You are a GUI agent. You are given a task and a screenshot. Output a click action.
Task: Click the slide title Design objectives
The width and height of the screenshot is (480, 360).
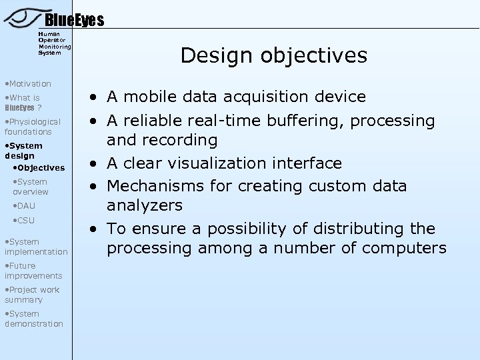(273, 55)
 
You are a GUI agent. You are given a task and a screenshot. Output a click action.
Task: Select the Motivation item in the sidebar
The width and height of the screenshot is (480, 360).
(27, 83)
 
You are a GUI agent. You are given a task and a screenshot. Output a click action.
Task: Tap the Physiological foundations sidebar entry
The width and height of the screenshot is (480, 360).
(33, 127)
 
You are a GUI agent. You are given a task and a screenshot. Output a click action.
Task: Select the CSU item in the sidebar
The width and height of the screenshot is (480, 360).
(24, 221)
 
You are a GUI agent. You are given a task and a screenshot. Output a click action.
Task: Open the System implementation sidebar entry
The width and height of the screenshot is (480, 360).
(35, 247)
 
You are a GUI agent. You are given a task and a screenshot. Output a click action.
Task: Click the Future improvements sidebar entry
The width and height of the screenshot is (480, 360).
(33, 271)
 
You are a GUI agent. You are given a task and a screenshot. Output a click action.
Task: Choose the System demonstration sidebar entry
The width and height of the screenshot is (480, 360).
(33, 319)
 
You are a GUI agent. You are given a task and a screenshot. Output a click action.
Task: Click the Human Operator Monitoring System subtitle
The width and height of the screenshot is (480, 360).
(55, 43)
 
